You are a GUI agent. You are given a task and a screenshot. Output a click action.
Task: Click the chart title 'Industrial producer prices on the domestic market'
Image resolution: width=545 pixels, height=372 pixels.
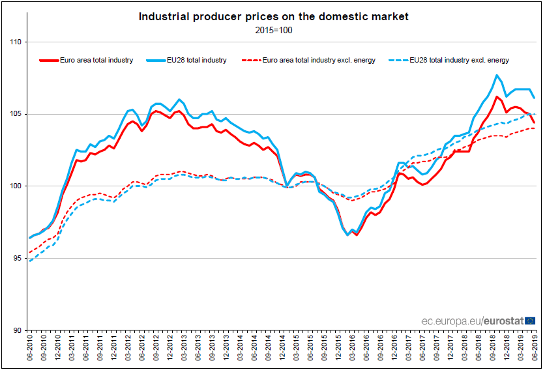273,17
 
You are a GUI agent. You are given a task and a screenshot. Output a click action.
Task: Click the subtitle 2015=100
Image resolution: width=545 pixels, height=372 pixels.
273,29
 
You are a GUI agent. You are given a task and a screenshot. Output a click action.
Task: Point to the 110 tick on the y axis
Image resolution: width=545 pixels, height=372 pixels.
16,42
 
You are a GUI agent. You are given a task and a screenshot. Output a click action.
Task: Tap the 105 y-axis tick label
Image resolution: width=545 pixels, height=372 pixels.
16,114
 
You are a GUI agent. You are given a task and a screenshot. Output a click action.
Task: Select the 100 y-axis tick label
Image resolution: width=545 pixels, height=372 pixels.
16,186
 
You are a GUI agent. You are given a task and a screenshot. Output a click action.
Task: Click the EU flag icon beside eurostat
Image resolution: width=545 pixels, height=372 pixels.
530,321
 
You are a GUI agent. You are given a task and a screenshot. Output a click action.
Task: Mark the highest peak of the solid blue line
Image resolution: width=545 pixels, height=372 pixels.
497,76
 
